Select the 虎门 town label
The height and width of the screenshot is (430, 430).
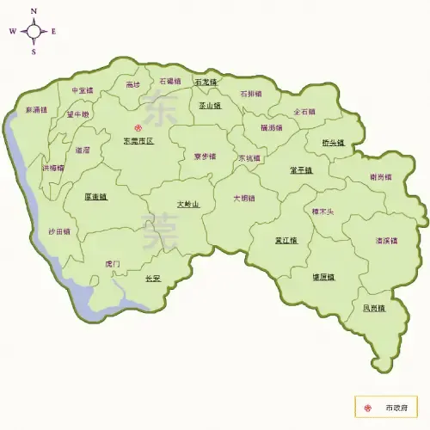tap(113, 263)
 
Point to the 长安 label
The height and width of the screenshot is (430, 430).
tap(153, 278)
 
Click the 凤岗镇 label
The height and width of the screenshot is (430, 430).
tap(374, 307)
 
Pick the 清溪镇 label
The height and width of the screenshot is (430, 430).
tap(386, 240)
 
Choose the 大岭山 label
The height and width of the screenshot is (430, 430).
tap(187, 205)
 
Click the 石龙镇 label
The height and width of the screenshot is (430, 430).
tap(206, 82)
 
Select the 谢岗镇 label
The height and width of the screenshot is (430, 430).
tap(380, 177)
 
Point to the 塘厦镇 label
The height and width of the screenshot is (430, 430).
tap(322, 277)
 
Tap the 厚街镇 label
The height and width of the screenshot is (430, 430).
tap(95, 196)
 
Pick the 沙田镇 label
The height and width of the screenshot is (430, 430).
tap(59, 231)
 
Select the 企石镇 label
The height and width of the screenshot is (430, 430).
tap(304, 111)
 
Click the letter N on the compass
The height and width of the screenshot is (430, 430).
tap(34, 11)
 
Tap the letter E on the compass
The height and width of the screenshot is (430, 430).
tap(53, 32)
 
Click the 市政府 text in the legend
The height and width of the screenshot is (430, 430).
tap(396, 406)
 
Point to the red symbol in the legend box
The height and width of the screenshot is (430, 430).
tap(369, 406)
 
